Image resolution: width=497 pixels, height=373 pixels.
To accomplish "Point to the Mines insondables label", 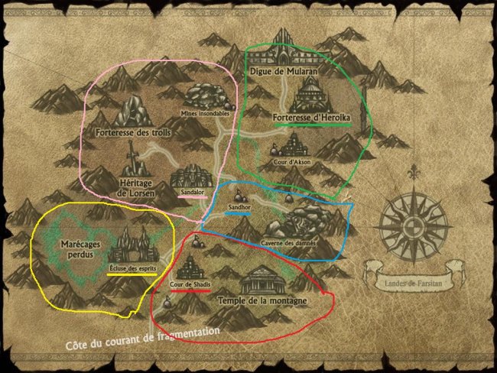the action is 204,113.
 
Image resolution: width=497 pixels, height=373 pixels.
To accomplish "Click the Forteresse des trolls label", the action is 134,132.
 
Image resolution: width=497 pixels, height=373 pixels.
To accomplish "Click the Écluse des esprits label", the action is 132,268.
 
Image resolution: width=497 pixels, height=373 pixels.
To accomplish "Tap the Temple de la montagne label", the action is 262,301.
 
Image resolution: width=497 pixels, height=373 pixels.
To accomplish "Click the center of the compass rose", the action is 414,226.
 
